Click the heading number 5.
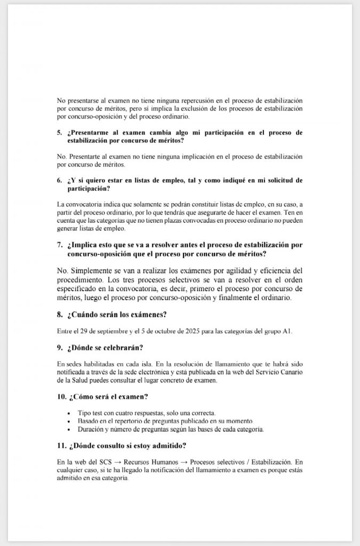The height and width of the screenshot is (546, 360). [59, 132]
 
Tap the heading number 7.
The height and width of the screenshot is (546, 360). [59, 245]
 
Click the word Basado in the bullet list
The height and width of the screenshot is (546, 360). [89, 421]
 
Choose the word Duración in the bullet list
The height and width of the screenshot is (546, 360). [92, 429]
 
